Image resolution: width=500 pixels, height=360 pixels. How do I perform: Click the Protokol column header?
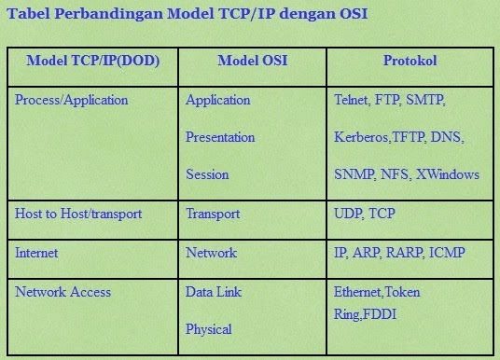coord(410,62)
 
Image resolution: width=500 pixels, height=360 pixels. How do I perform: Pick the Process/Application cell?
coord(72,100)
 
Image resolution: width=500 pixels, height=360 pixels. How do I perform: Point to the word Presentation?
coord(220,137)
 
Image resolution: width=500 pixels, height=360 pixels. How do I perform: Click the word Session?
coord(207,174)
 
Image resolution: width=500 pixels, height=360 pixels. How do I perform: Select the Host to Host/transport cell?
coord(78,215)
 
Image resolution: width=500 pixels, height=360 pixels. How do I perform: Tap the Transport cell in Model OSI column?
coord(213,215)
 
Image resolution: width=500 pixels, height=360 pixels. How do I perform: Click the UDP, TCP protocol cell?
coord(365,215)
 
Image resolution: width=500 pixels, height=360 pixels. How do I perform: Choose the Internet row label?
coord(36,253)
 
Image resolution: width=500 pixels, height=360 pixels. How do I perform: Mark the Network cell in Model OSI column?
coord(212,253)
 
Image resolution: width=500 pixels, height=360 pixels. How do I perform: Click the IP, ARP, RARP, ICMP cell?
coord(399,253)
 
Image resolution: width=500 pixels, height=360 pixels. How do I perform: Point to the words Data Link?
coord(215,292)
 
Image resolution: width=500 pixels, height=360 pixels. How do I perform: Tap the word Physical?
coord(209,329)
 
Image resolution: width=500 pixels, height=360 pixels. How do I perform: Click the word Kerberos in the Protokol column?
coord(361,137)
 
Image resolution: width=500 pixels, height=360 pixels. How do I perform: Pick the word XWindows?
coord(448,174)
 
